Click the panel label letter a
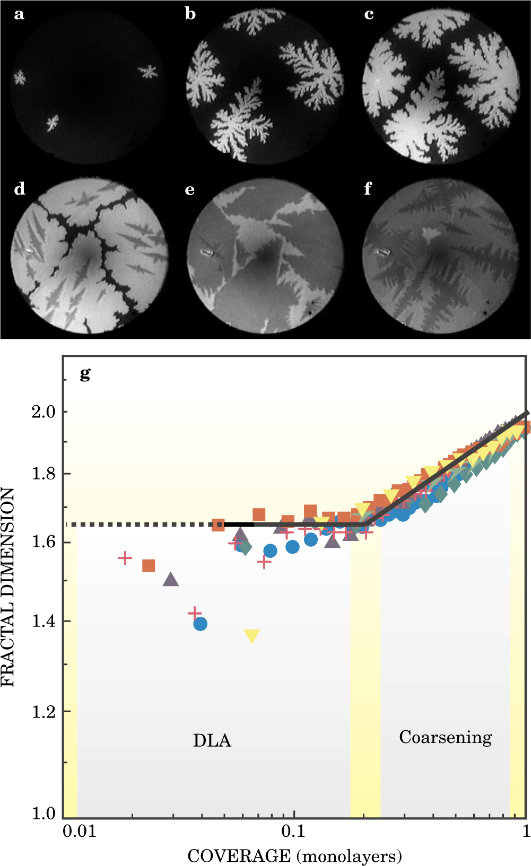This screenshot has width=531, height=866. coord(19,14)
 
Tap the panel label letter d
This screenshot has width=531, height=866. coord(20,189)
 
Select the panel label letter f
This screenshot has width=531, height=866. coord(368,189)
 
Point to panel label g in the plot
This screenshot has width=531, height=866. coord(85,374)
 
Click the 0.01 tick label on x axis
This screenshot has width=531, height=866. coord(80,830)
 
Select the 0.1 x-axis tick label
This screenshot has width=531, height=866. coord(293,830)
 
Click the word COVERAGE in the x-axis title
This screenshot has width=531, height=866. coord(239,855)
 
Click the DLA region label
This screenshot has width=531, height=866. coord(212,740)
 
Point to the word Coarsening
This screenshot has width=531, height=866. coord(446,737)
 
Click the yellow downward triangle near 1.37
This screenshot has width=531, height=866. coord(252,635)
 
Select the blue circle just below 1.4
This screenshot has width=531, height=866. coord(200,624)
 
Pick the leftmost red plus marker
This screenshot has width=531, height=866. coord(125,558)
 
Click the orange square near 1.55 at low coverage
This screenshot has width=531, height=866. coord(149,566)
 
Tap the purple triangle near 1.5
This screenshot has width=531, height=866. coord(170,580)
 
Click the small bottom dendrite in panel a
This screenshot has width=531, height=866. coord(52,123)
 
